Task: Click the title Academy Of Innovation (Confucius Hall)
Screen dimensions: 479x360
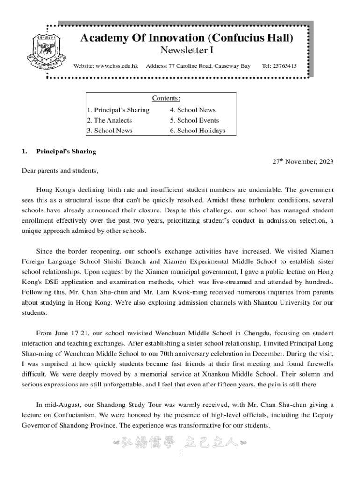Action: pyautogui.click(x=187, y=38)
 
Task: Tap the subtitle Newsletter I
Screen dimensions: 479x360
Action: pyautogui.click(x=187, y=51)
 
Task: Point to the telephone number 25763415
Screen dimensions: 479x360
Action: pyautogui.click(x=286, y=66)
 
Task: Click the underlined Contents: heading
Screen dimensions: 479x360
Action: pyautogui.click(x=166, y=98)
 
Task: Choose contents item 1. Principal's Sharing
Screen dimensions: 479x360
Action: pyautogui.click(x=118, y=110)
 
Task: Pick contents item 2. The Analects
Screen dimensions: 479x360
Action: pyautogui.click(x=109, y=121)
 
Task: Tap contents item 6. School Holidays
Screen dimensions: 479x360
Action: pyautogui.click(x=197, y=131)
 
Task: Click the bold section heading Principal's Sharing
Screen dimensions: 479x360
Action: pyautogui.click(x=66, y=152)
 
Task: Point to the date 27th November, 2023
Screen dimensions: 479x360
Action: pyautogui.click(x=303, y=162)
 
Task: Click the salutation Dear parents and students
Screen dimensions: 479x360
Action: pyautogui.click(x=60, y=171)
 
